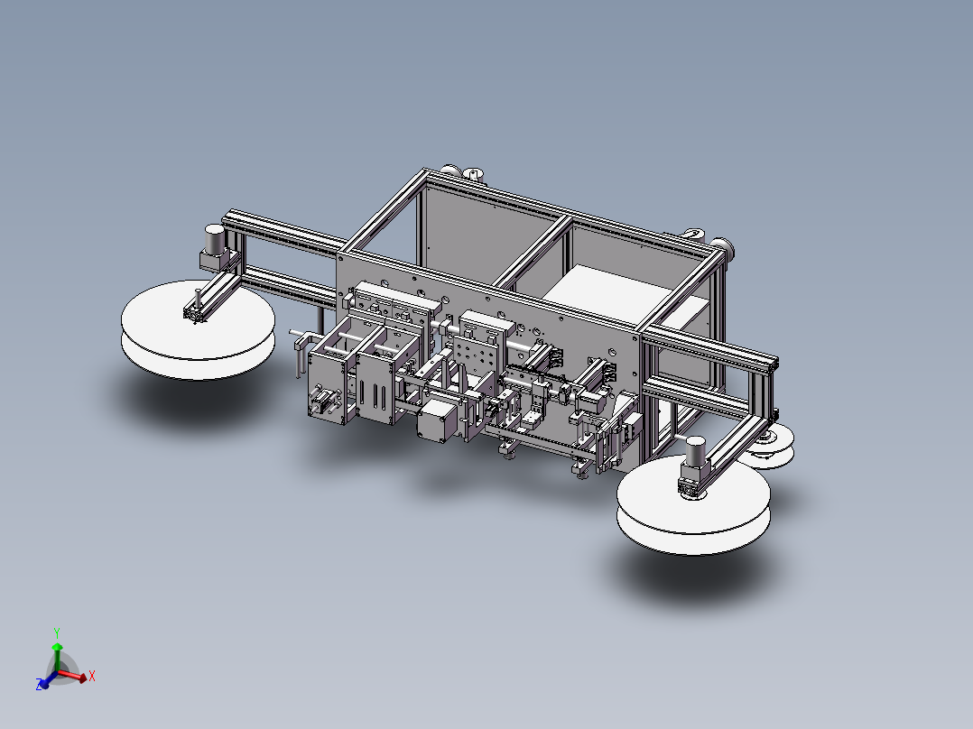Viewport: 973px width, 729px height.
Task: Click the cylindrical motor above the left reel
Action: [215, 239]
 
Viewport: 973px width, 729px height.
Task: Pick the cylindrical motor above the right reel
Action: [695, 450]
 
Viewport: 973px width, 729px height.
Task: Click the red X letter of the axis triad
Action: [92, 676]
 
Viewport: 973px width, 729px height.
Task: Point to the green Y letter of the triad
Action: [57, 633]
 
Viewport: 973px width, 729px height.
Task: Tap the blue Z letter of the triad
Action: [40, 685]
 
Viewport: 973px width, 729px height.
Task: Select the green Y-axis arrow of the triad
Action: [57, 657]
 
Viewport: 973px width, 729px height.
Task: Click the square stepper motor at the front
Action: [438, 420]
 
